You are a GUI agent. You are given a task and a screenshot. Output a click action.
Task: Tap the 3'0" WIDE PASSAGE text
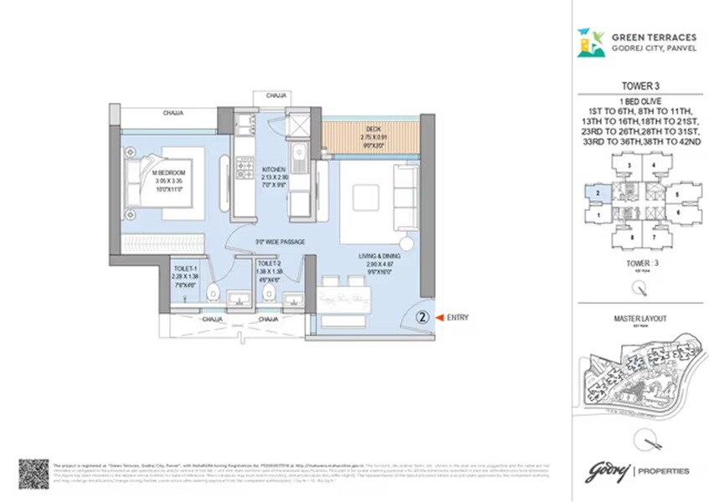point(280,243)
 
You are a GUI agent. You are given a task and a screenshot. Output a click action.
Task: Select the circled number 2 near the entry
point(423,317)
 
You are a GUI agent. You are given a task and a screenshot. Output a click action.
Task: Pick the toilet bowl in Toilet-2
point(268,295)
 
